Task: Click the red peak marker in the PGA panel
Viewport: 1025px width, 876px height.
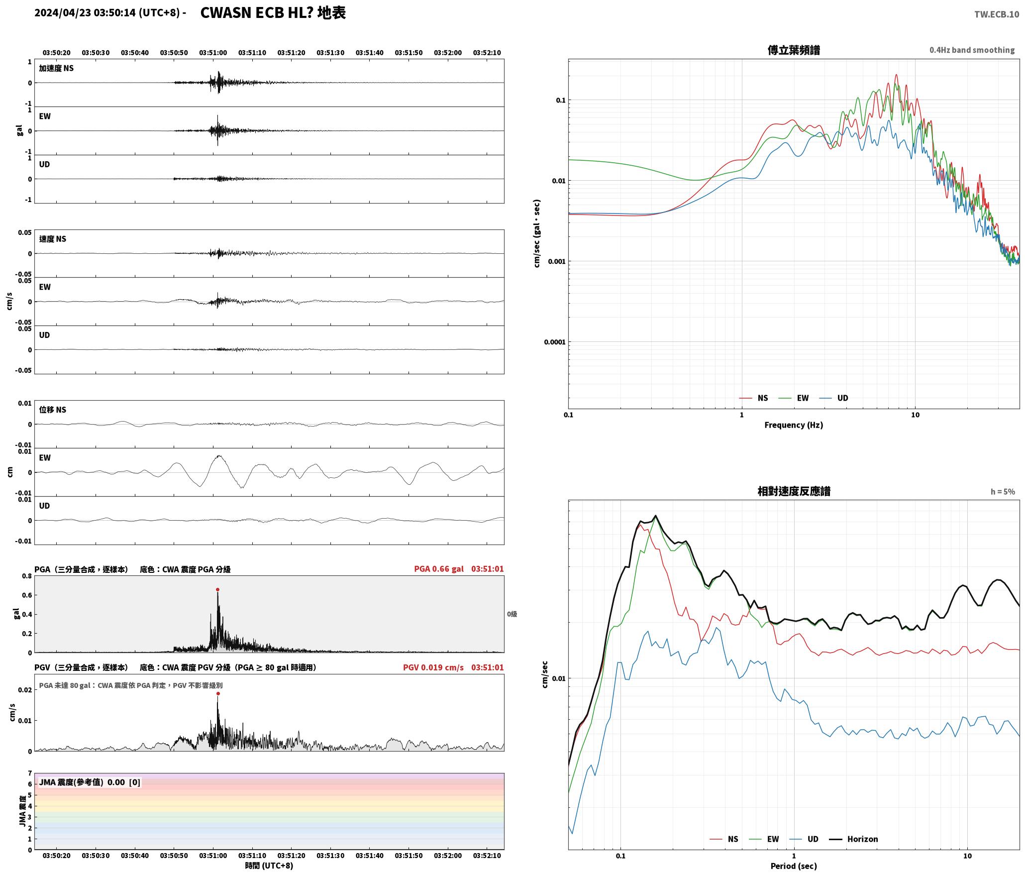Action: point(217,589)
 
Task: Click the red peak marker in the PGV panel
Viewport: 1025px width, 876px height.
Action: point(217,693)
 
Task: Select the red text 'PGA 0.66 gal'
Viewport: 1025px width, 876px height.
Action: point(438,569)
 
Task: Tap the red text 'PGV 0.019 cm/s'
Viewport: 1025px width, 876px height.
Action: point(433,667)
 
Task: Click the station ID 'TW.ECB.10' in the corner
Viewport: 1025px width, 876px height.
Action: point(997,14)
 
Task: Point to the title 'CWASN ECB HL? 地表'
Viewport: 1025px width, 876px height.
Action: point(273,13)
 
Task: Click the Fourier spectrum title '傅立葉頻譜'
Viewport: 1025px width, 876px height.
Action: point(794,50)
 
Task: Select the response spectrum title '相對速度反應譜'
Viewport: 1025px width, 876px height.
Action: point(794,491)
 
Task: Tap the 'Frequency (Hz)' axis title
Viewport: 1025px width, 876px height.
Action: point(794,425)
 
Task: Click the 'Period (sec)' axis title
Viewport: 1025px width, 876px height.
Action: point(794,866)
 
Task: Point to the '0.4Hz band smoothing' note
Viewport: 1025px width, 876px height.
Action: point(972,50)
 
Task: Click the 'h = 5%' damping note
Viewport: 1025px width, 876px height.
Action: point(1003,492)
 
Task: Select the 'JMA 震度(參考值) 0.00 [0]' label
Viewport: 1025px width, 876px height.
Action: point(90,782)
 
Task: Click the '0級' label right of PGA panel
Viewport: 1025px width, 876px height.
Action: point(512,614)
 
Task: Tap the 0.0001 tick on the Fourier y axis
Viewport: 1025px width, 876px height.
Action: point(555,342)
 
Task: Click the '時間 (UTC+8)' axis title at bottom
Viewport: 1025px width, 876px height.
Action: point(269,866)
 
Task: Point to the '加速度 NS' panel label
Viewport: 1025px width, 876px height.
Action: point(56,68)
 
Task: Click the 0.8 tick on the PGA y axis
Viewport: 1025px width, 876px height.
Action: point(27,576)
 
